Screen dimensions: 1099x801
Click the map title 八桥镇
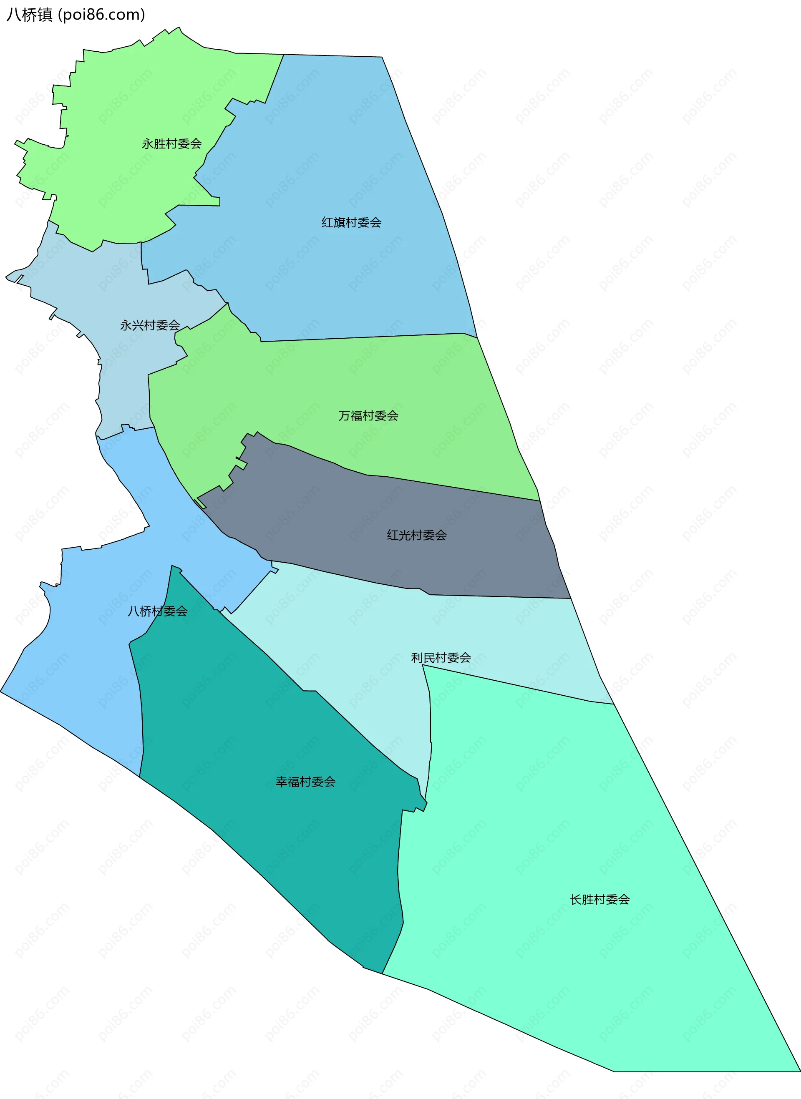tap(29, 15)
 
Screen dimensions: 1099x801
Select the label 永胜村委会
tap(171, 143)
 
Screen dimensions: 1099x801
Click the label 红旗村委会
tap(352, 223)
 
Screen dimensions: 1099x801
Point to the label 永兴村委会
tap(150, 325)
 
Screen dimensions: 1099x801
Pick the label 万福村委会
tap(368, 415)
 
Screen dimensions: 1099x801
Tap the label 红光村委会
tap(416, 535)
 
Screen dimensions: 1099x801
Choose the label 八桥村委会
tap(158, 611)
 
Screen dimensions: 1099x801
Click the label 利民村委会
tap(441, 658)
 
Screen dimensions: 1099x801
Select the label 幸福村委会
tap(305, 782)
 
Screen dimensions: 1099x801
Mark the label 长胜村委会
tap(600, 900)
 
